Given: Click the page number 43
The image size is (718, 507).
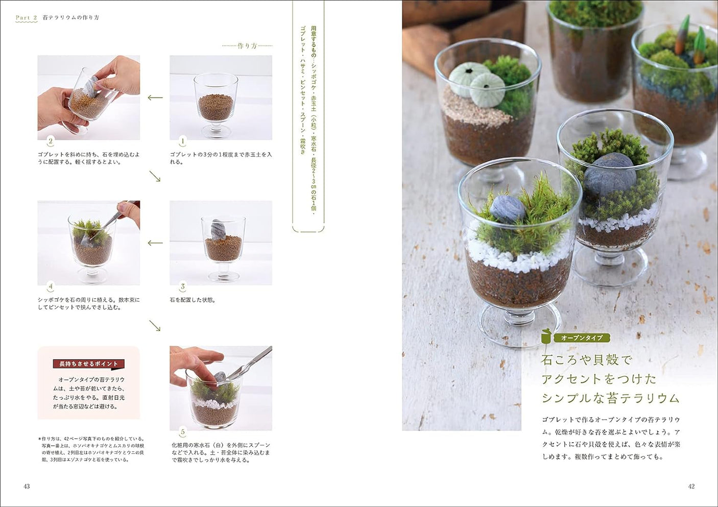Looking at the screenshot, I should pyautogui.click(x=27, y=486).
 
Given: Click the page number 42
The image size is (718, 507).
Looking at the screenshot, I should pyautogui.click(x=691, y=486).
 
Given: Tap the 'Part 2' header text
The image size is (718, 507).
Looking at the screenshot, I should pyautogui.click(x=26, y=17).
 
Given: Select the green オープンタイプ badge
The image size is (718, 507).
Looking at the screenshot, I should pyautogui.click(x=582, y=337).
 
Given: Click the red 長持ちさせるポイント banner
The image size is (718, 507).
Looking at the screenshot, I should pyautogui.click(x=88, y=364).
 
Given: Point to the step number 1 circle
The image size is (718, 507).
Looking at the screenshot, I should pyautogui.click(x=182, y=141).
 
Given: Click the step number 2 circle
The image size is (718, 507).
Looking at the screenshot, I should pyautogui.click(x=50, y=141).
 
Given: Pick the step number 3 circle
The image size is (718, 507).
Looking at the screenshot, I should pyautogui.click(x=182, y=286).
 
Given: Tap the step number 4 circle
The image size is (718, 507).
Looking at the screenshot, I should pyautogui.click(x=50, y=286).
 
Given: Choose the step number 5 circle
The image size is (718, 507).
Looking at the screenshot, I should pyautogui.click(x=182, y=432).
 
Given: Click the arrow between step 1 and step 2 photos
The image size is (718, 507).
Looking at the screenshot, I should pyautogui.click(x=155, y=98).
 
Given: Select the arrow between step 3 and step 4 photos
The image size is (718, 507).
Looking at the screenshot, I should pyautogui.click(x=155, y=243).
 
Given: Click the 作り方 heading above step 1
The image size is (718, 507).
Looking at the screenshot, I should pyautogui.click(x=247, y=46).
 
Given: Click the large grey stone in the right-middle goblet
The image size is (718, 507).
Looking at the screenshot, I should pyautogui.click(x=609, y=175).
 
